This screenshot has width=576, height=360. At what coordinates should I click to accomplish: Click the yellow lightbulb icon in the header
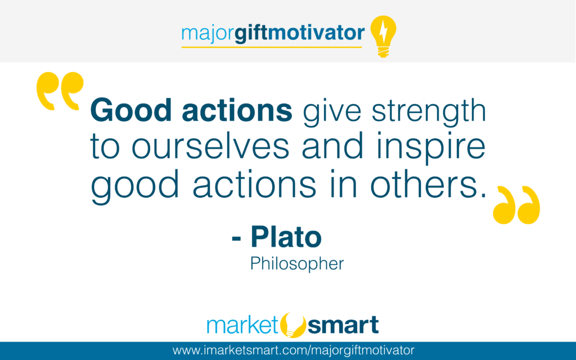click(x=383, y=36)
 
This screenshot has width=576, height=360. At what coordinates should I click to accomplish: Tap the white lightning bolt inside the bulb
click(x=383, y=31)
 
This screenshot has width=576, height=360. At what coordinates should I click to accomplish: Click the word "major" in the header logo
click(x=207, y=34)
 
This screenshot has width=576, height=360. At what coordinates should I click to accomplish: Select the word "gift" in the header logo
click(x=251, y=33)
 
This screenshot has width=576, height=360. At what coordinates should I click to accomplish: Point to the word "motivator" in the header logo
click(x=316, y=33)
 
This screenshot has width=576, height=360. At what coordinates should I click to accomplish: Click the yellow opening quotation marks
click(x=60, y=91)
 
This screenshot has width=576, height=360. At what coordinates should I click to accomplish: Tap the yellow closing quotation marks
click(x=516, y=205)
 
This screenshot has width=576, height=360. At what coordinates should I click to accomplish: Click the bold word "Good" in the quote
click(x=131, y=110)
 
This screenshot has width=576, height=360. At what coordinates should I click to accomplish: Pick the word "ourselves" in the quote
click(x=210, y=147)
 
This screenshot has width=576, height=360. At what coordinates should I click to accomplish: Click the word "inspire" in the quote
click(x=431, y=147)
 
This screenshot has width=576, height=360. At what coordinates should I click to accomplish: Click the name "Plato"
click(x=286, y=237)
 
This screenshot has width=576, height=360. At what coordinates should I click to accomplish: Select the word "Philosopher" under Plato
click(x=297, y=263)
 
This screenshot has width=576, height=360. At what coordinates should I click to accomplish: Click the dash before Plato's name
click(x=236, y=238)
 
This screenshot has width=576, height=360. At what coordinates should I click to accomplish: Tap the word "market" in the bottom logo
click(x=243, y=325)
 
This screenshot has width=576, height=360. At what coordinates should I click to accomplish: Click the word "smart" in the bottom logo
click(x=343, y=325)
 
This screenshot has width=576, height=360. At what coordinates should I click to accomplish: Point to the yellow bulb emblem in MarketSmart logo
click(x=292, y=325)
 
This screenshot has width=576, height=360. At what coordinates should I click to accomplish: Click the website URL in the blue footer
click(x=293, y=350)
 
